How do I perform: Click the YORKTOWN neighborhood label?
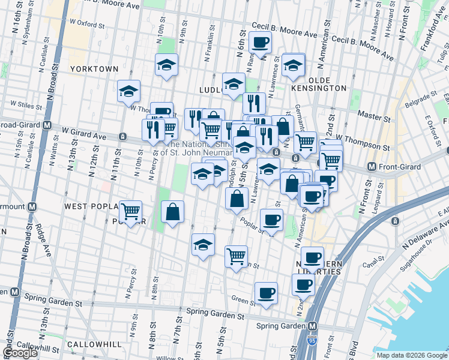tap(94, 69)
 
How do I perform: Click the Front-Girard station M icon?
tap(372, 166)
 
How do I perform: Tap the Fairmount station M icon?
tap(32, 206)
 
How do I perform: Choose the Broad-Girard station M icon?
tap(46, 125)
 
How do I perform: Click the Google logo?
tap(20, 353)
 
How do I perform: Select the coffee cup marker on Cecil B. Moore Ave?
tap(260, 42)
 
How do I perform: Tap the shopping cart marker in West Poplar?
tap(130, 211)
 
